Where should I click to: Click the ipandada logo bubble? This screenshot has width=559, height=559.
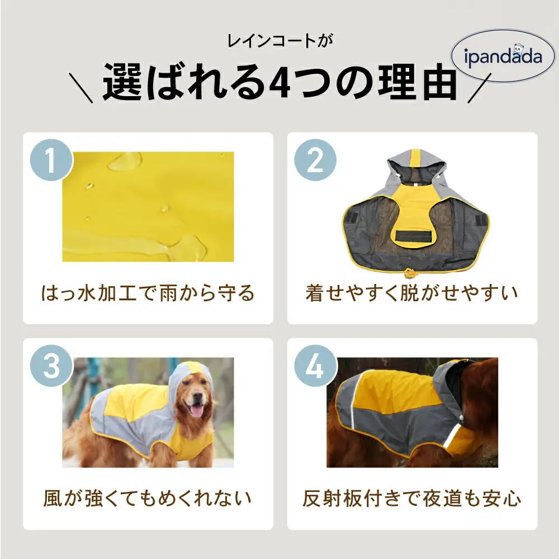tap(503, 56)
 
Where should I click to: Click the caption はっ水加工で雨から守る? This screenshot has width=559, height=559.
tap(148, 292)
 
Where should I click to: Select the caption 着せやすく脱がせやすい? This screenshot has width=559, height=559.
tap(412, 292)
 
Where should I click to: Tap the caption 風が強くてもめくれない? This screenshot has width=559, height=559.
tap(148, 498)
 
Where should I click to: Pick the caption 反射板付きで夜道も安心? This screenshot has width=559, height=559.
tap(412, 498)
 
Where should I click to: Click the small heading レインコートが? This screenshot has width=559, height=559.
tap(279, 41)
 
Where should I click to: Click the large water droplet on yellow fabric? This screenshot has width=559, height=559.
tap(125, 162)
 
